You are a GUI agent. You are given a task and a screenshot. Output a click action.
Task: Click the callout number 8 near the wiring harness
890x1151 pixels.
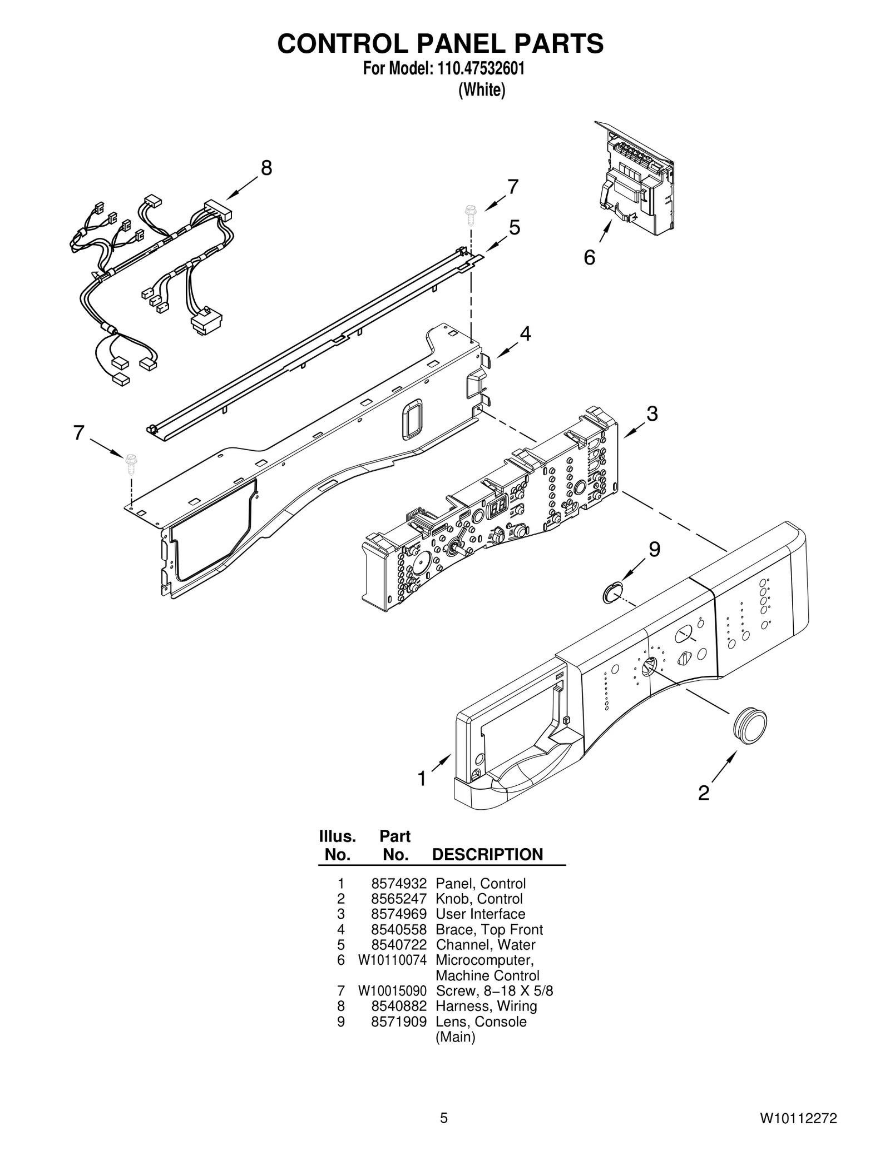266,168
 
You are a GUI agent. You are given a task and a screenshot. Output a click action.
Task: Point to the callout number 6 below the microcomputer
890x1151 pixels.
589,257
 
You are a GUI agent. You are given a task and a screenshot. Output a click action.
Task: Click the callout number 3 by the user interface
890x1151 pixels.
652,413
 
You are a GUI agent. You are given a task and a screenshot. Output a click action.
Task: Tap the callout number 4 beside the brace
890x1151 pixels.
525,333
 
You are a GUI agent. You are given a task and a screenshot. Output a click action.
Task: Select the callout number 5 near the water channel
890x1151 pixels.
515,227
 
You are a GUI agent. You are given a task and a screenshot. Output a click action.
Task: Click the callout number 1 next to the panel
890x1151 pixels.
422,779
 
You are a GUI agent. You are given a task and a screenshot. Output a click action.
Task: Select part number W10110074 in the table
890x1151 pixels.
392,960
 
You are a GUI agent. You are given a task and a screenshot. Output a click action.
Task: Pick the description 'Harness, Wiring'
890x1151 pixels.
486,1006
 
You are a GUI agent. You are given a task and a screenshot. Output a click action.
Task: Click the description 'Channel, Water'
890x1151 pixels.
485,944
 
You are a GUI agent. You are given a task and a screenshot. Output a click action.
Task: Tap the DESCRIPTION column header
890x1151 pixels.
487,854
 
